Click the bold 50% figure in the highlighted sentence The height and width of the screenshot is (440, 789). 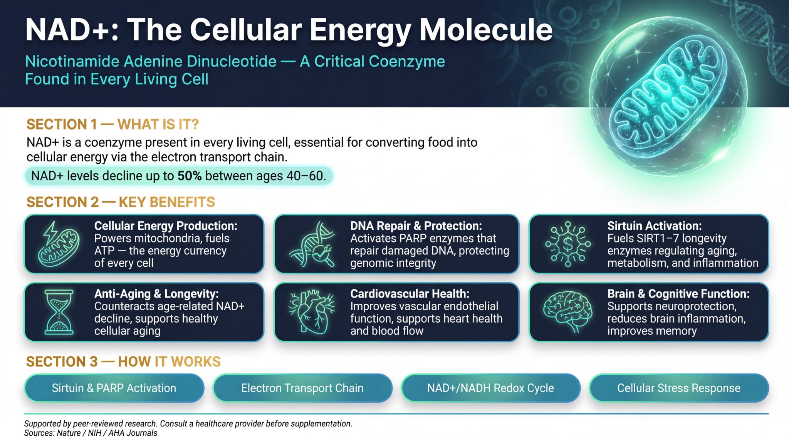[189, 176]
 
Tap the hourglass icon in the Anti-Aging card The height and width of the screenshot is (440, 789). [59, 312]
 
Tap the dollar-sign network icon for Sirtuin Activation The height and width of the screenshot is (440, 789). [567, 244]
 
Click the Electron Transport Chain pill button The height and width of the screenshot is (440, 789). [302, 388]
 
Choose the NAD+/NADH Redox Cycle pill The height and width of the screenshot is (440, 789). [490, 388]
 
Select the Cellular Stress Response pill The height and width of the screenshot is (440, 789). [678, 388]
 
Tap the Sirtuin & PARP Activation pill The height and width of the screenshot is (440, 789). [114, 388]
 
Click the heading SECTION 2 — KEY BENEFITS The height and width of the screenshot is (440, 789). [121, 202]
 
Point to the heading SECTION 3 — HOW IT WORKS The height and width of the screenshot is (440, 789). [123, 362]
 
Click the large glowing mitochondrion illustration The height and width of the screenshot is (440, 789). [668, 96]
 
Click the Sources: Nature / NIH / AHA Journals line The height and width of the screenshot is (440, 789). [91, 433]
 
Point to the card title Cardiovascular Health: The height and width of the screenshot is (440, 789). [410, 294]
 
